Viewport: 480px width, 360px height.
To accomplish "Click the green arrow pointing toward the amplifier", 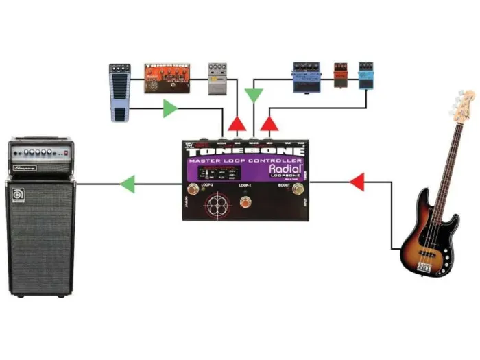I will tap(127, 183).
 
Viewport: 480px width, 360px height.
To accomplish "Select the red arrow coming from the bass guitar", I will tap(356, 182).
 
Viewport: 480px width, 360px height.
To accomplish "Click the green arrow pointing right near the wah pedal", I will tap(170, 108).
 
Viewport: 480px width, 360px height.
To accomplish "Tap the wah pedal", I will tap(119, 93).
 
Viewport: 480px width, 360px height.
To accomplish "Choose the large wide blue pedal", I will tap(306, 76).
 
